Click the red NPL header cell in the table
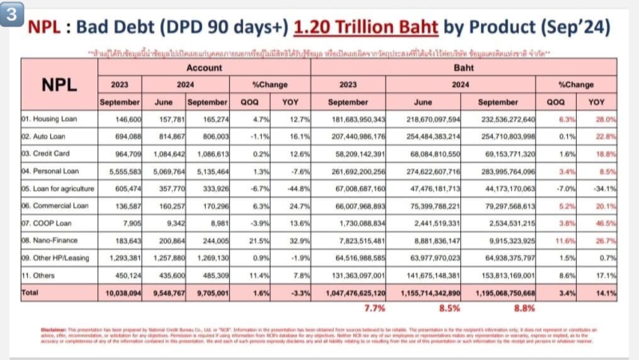pyautogui.click(x=55, y=85)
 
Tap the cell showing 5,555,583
pyautogui.click(x=123, y=171)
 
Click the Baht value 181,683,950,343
pyautogui.click(x=352, y=120)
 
